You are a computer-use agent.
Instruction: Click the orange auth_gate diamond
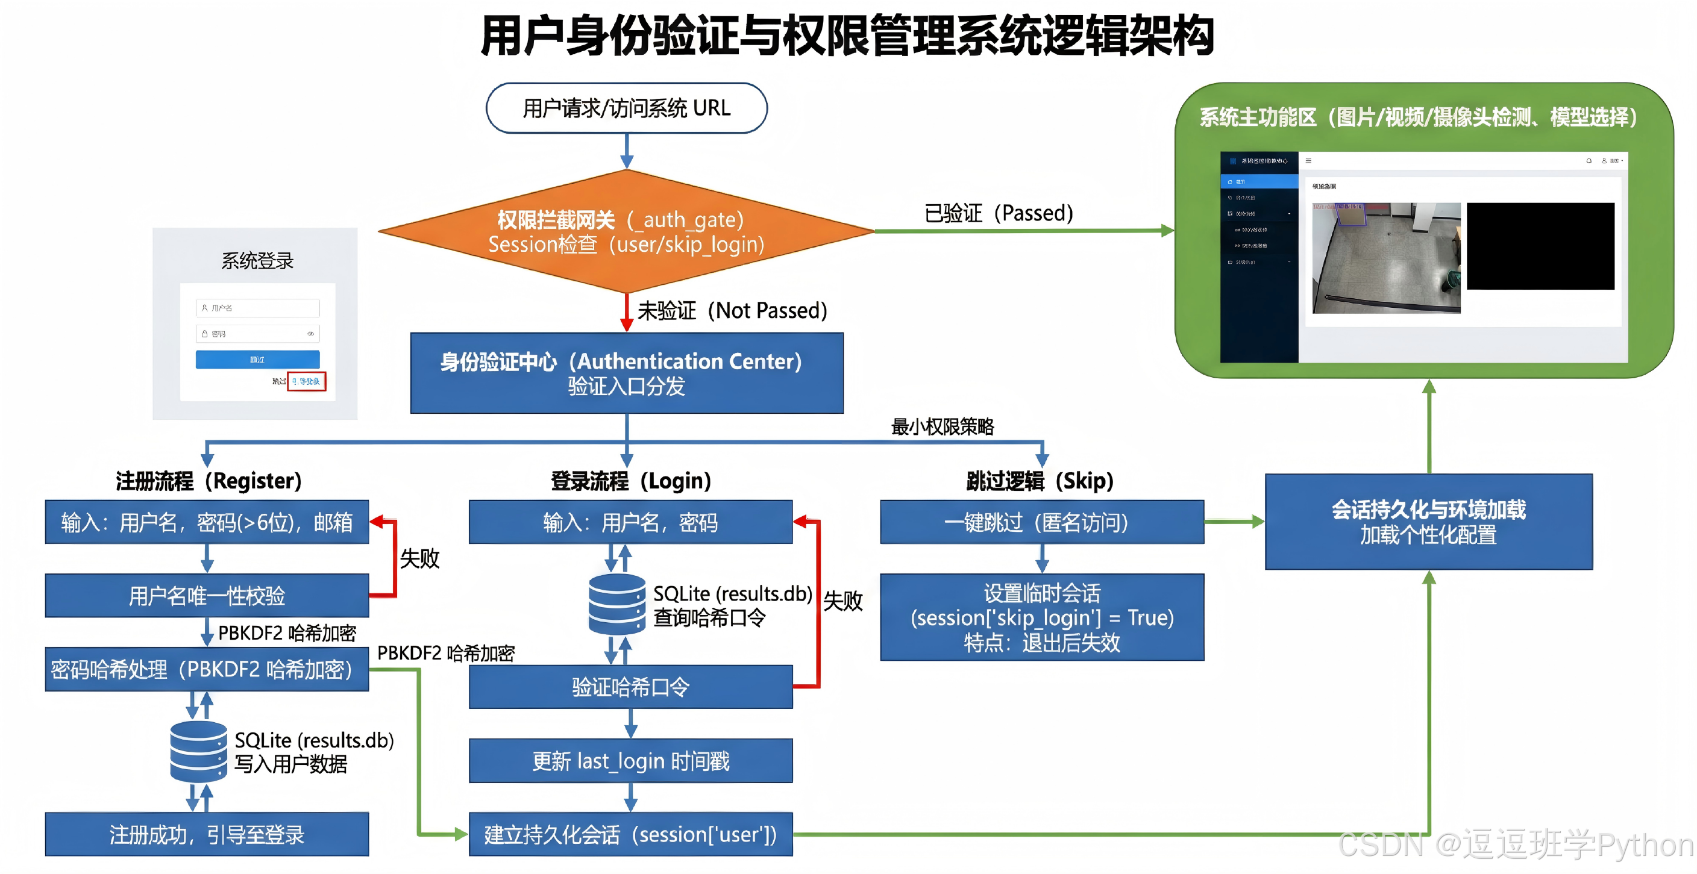coord(626,231)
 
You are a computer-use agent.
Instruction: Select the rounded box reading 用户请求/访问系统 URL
coord(627,108)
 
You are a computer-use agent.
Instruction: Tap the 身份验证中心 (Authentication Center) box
coord(627,373)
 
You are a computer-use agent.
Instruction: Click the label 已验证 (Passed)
coord(998,213)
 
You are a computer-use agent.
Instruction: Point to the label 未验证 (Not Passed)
coord(731,310)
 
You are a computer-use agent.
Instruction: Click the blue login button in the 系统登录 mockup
coord(257,359)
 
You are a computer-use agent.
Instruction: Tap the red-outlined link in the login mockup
coord(306,381)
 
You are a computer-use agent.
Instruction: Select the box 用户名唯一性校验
coord(207,595)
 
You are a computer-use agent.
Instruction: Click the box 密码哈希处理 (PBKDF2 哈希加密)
coord(207,669)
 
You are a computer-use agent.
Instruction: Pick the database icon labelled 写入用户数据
coord(198,751)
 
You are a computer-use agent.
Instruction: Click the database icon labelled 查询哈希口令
coord(616,604)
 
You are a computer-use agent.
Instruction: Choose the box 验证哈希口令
coord(630,687)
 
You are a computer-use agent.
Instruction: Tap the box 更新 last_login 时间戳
coord(630,761)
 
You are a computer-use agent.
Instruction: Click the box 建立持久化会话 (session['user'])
coord(630,834)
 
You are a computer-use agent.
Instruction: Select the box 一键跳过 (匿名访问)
coord(1041,522)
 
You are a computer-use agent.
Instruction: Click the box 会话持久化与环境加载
coord(1428,522)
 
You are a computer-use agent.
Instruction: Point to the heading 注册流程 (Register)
coord(208,481)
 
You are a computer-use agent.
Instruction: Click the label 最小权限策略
coord(942,427)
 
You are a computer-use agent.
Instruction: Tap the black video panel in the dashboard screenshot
coord(1540,246)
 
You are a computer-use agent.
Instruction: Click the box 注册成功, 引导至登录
coord(207,834)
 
